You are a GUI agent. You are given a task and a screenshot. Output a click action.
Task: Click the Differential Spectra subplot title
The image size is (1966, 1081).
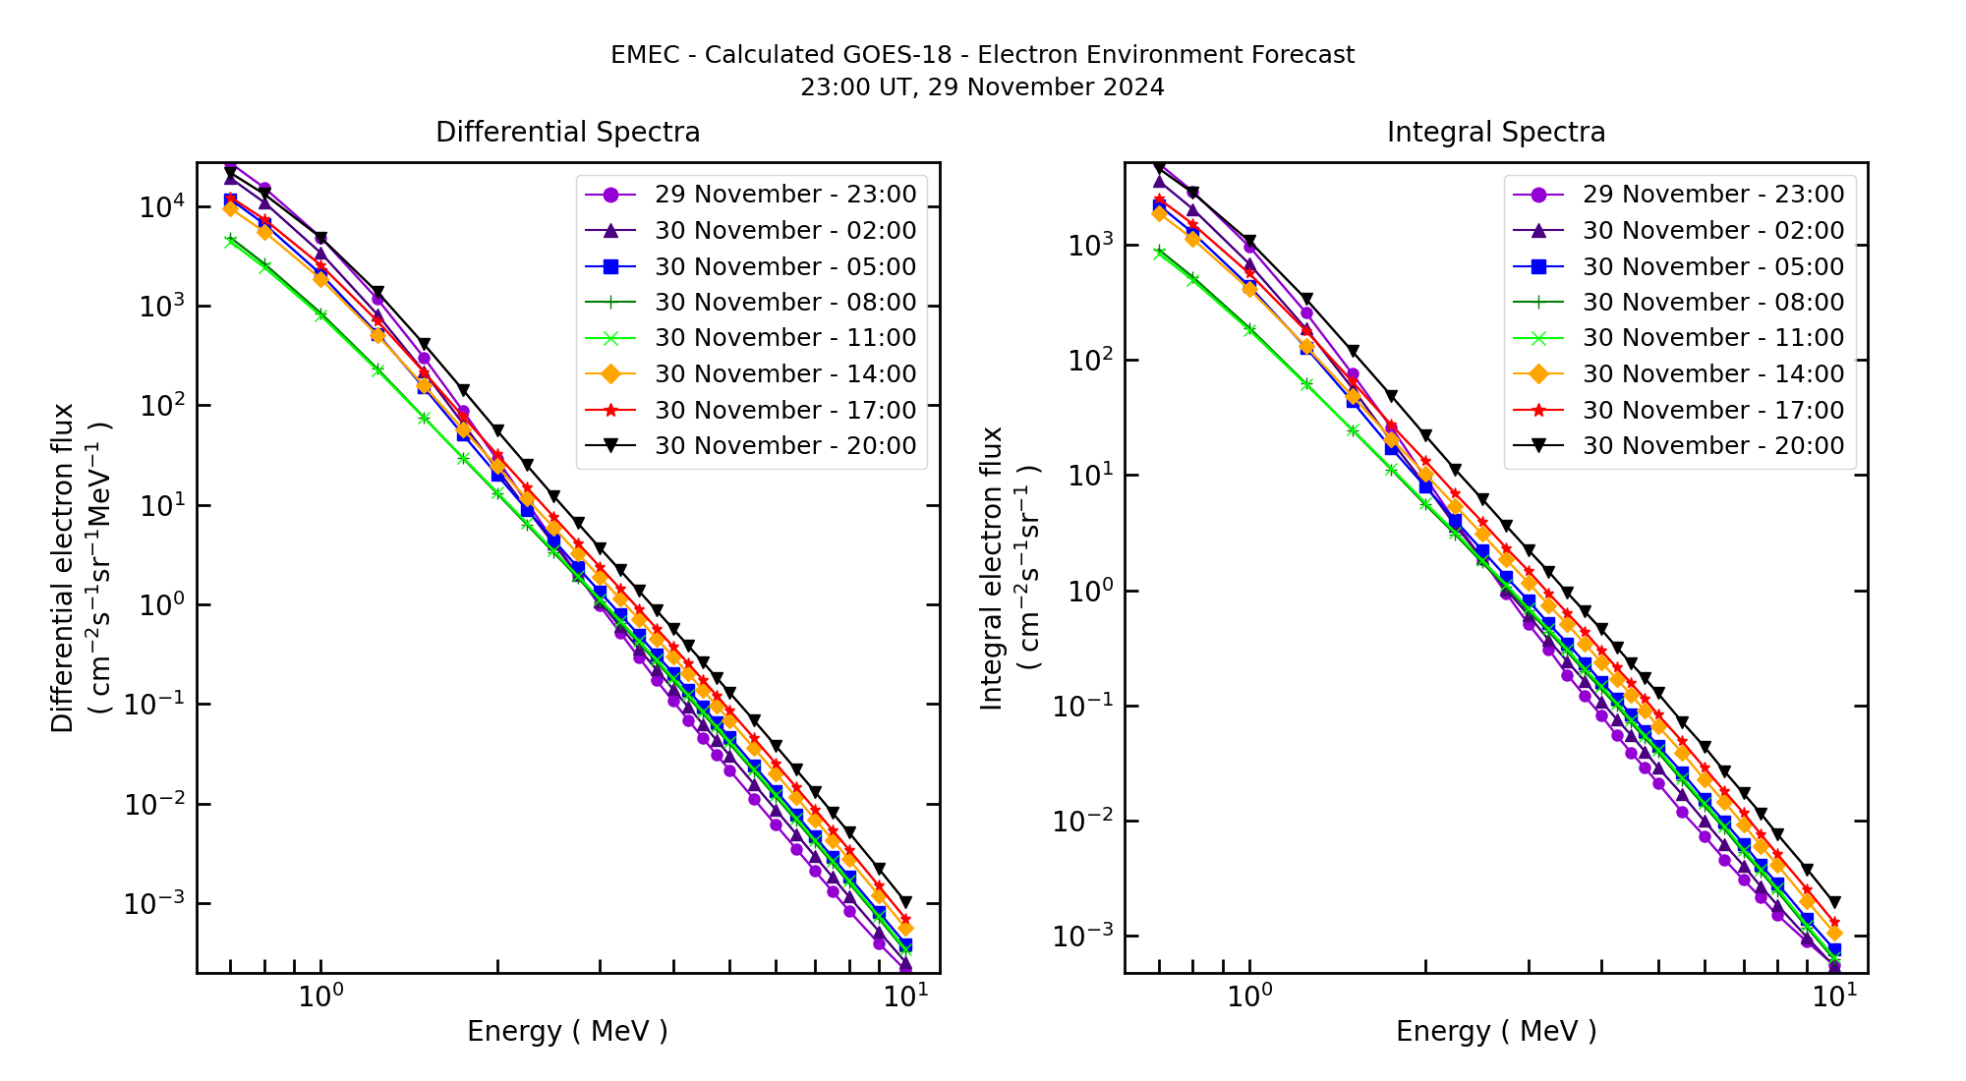(567, 132)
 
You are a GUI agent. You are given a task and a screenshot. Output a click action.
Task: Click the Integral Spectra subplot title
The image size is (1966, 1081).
(1495, 132)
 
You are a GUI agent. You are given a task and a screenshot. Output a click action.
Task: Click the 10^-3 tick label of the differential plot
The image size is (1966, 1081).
(153, 903)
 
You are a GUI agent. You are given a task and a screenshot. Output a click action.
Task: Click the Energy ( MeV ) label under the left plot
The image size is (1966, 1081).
(567, 1031)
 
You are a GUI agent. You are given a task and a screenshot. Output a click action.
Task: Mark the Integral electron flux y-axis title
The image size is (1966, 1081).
(993, 568)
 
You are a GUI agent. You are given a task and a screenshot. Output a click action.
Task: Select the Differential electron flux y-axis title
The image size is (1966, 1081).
(64, 568)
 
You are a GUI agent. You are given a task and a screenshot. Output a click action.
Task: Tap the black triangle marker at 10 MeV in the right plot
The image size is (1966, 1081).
(1834, 902)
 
